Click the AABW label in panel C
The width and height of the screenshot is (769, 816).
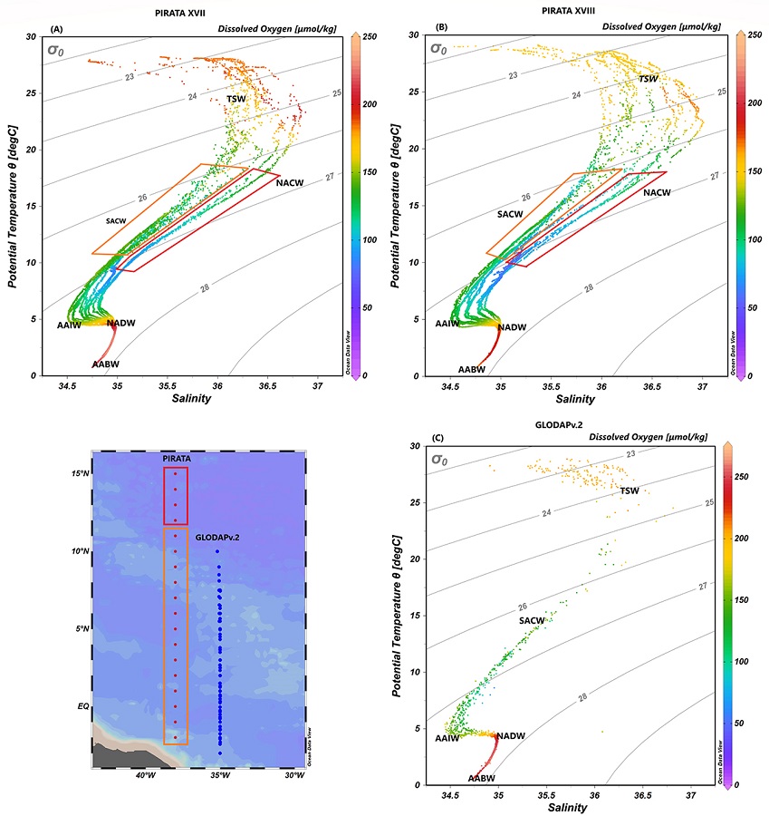[x=481, y=778]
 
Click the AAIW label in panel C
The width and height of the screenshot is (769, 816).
[x=447, y=738]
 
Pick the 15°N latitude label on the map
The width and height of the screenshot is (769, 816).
[x=80, y=473]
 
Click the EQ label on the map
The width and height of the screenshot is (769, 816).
[x=82, y=703]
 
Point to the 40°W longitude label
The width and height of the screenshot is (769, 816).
[x=144, y=776]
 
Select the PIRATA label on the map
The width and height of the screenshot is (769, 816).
[x=176, y=460]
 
